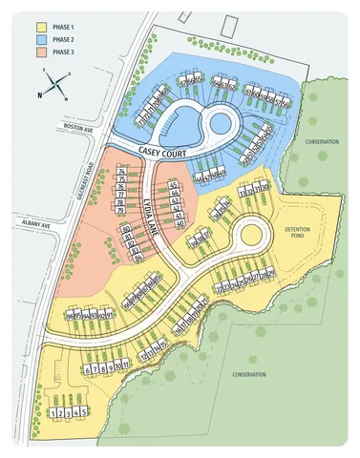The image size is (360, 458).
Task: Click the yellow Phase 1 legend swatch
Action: pyautogui.click(x=40, y=29)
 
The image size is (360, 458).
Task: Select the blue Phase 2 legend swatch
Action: pyautogui.click(x=40, y=40)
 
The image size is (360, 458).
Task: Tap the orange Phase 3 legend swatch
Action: pyautogui.click(x=40, y=52)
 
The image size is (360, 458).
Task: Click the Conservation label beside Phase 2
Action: pyautogui.click(x=322, y=141)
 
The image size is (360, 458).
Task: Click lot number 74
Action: pyautogui.click(x=122, y=170)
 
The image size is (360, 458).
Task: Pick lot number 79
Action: pyautogui.click(x=122, y=212)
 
